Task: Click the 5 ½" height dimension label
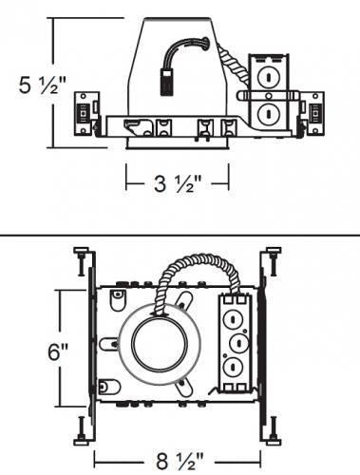[43, 85]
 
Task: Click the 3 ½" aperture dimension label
[178, 183]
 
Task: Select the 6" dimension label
[58, 351]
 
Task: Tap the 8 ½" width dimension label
[180, 461]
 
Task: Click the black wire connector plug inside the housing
[166, 81]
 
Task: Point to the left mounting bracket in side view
[86, 114]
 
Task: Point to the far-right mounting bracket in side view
[313, 113]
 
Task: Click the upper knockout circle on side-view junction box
[268, 77]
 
